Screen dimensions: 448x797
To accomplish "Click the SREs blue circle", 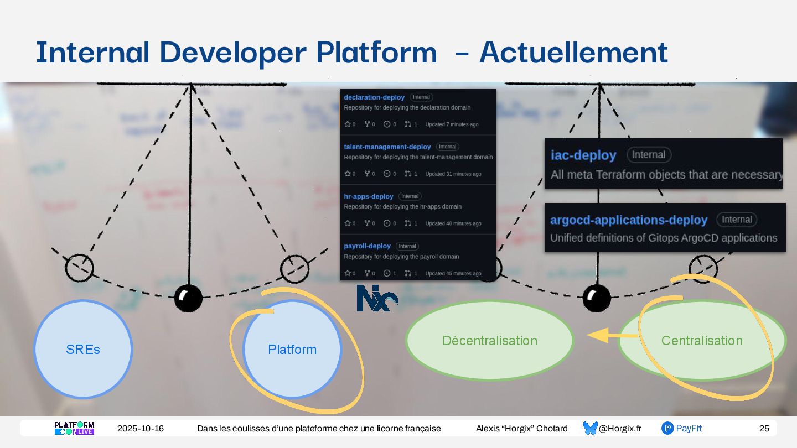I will (83, 349).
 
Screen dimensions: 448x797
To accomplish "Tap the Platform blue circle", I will (292, 349).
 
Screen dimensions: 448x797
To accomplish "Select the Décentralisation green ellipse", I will (490, 340).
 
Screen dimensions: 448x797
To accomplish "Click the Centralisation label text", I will (702, 341).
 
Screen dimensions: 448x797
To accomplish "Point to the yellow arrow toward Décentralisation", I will (603, 336).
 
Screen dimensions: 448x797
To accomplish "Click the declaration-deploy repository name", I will (374, 97).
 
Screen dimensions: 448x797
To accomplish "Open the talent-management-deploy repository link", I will (387, 147).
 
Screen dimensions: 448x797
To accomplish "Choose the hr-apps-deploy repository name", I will (368, 196).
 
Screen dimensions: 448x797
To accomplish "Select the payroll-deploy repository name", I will (367, 246).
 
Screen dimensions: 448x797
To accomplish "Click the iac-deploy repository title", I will (583, 155).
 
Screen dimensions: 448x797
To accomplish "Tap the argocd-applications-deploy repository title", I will (629, 220).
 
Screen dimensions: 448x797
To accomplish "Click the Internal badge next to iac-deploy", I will (649, 155).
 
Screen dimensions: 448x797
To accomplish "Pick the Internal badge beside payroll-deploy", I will (407, 246).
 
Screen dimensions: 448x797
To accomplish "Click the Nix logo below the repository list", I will (377, 298).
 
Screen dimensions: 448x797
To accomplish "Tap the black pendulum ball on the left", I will (188, 298).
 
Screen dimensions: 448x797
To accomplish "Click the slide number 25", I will (764, 429).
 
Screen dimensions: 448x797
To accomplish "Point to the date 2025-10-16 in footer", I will (141, 429).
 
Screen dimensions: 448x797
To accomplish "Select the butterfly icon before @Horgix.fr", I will (590, 428).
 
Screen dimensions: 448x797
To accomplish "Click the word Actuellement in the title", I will (573, 53).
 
